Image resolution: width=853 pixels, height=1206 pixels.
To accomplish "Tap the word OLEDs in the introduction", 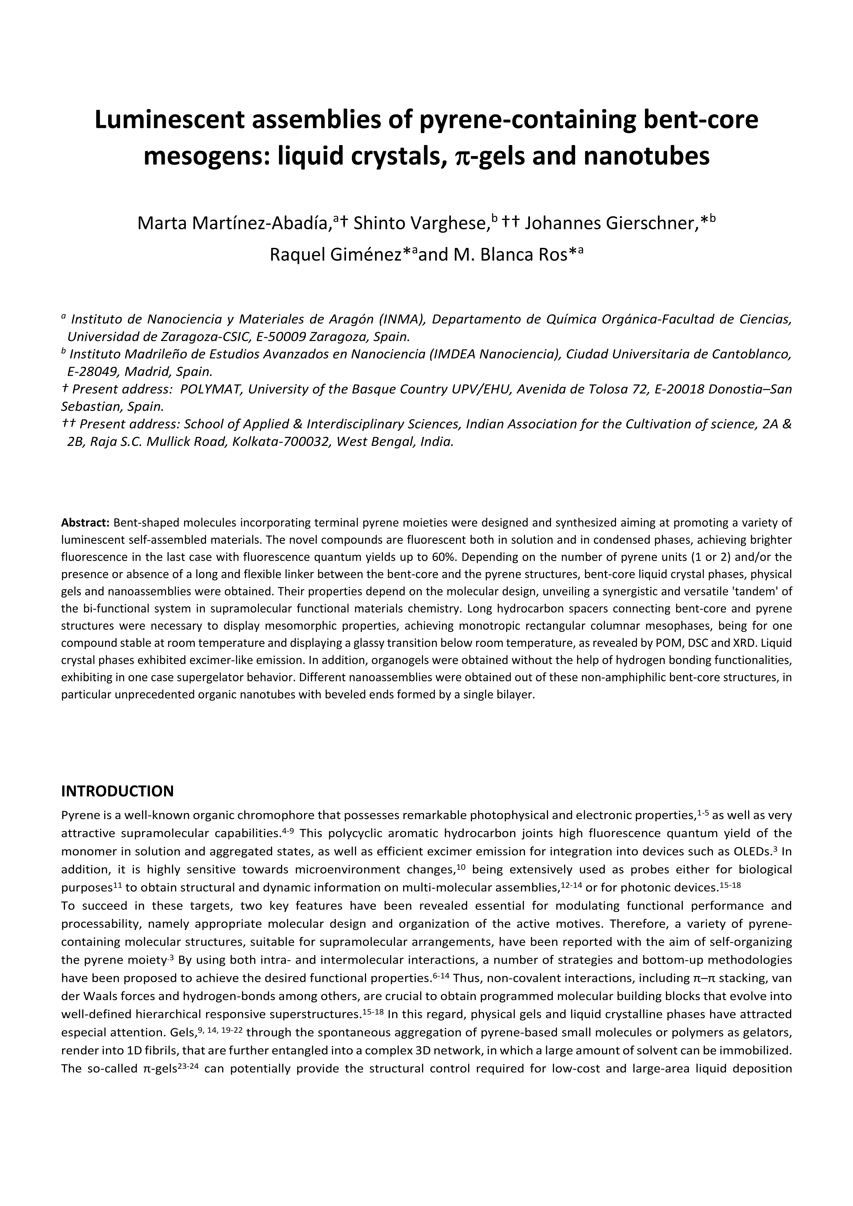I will click(x=751, y=851).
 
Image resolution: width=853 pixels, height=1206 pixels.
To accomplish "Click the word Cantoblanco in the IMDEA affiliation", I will click(x=751, y=354).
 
